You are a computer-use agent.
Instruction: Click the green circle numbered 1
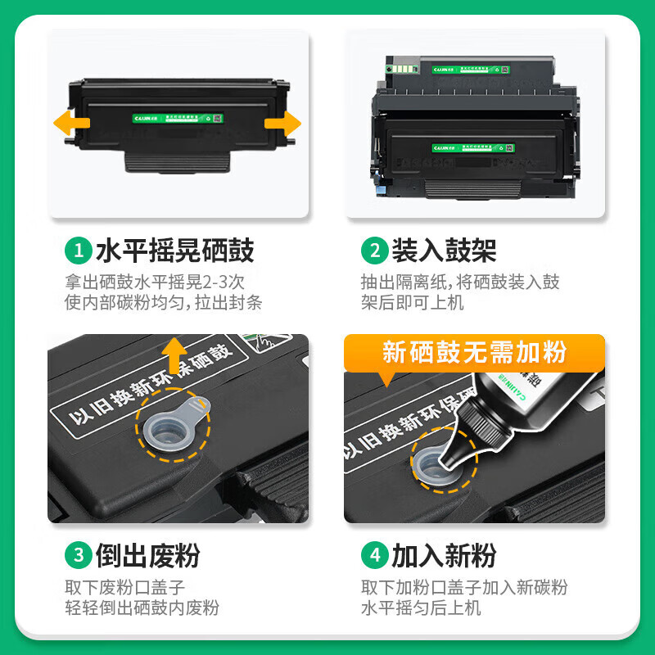pos(79,251)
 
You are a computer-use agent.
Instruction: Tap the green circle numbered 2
pos(374,251)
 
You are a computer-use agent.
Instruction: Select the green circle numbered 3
pos(79,556)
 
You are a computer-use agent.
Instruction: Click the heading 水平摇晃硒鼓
pos(174,251)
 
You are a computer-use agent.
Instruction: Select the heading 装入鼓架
pos(443,251)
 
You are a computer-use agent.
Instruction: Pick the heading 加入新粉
pos(443,556)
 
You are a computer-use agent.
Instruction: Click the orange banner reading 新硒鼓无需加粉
pos(474,353)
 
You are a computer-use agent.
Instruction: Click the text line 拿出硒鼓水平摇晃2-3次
pos(155,282)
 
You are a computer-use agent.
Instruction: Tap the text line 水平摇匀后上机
pos(421,608)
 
